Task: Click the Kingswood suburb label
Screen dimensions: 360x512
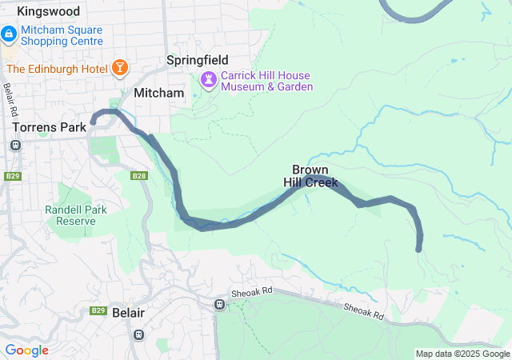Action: tap(48, 12)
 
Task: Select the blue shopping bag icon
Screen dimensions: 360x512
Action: tap(9, 35)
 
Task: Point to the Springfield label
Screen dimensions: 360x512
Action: tap(197, 60)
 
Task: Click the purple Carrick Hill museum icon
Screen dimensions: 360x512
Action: tap(209, 80)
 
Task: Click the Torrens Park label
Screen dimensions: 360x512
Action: tap(50, 127)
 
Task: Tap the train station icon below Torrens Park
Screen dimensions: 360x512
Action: tap(15, 145)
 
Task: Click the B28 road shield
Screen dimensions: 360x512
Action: tap(139, 176)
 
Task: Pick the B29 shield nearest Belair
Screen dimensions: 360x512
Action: tap(98, 310)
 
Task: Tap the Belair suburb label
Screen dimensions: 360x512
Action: tap(128, 313)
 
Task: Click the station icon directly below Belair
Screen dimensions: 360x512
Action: tap(139, 334)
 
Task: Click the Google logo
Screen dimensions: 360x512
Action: tap(26, 350)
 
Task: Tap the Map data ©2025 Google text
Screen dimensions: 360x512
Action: tap(462, 354)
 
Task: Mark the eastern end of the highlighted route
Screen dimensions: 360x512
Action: tap(418, 250)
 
